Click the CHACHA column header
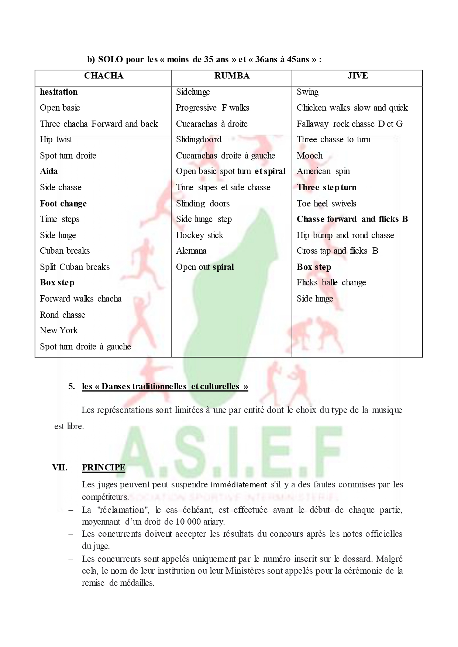[103, 76]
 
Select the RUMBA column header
[232, 76]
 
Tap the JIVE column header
[357, 76]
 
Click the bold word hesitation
[59, 92]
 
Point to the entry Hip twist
[56, 139]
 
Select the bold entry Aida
[49, 171]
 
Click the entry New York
[59, 330]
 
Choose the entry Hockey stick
[200, 235]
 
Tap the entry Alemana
[191, 251]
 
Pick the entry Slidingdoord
[199, 139]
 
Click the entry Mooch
[310, 156]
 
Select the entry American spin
[323, 171]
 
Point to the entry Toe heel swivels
[327, 204]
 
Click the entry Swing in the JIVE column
[307, 92]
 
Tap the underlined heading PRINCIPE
[104, 467]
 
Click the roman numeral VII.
[60, 467]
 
